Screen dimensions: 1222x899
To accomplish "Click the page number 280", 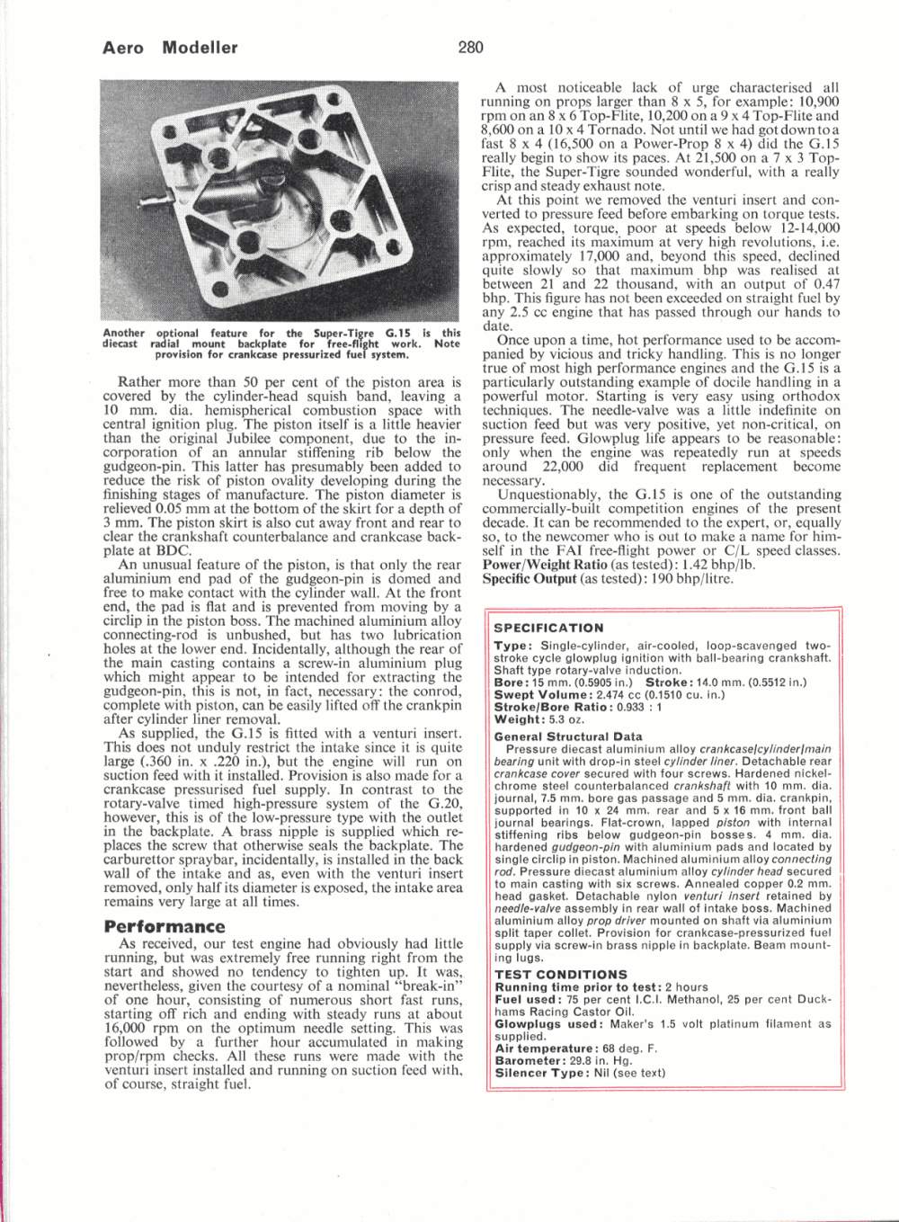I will (x=470, y=48).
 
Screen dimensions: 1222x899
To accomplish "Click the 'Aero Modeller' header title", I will (x=171, y=49).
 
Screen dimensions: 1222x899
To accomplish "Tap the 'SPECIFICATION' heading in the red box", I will (x=549, y=628).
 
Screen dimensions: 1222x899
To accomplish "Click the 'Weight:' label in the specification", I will (x=517, y=719).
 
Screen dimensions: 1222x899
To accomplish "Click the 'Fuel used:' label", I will (x=525, y=999).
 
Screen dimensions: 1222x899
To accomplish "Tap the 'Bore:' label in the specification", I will (x=511, y=682).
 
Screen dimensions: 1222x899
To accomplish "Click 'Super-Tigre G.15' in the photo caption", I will (x=356, y=333).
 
